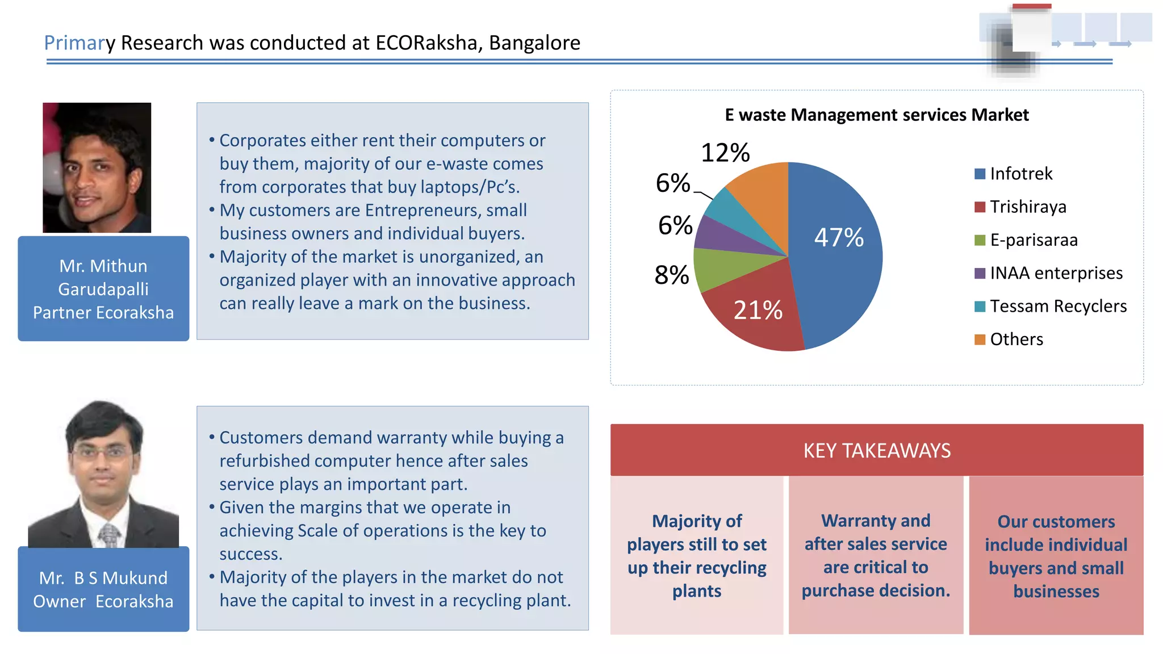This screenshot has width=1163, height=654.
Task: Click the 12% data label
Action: point(725,153)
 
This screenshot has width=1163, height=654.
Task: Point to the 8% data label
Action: point(672,275)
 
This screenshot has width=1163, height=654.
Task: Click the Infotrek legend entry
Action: point(1014,174)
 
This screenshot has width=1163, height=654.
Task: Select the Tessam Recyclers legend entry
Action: point(1051,307)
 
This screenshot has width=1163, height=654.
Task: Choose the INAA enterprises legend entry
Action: point(1048,273)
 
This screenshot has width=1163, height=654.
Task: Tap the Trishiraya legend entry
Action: point(1020,207)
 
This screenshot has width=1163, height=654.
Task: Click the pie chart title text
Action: point(877,115)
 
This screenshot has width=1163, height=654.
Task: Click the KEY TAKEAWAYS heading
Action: point(877,450)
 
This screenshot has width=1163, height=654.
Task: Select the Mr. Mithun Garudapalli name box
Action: point(103,288)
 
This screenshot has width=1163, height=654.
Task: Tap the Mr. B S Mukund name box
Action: point(103,589)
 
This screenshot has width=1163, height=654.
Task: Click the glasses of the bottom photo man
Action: point(102,452)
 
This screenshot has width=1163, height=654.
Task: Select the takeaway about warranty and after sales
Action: point(876,555)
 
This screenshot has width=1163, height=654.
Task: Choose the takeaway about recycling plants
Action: point(697,555)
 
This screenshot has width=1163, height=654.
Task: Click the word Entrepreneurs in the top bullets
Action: point(422,211)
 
